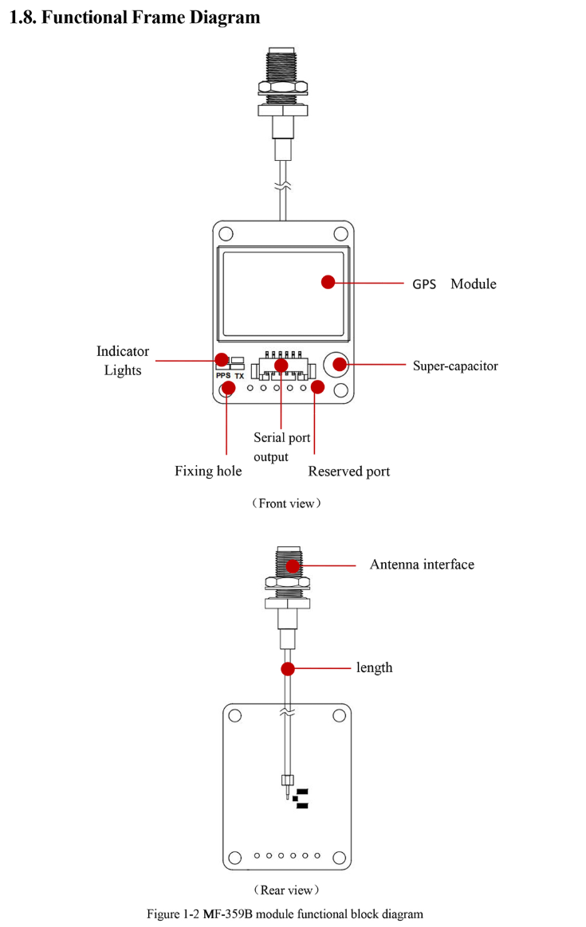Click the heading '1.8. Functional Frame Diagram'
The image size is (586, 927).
click(x=135, y=17)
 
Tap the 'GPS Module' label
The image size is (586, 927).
click(x=454, y=284)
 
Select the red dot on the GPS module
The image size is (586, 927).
click(x=328, y=282)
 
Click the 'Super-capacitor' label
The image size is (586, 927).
click(x=455, y=366)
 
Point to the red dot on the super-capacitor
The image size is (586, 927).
click(x=340, y=365)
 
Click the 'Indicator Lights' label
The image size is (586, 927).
click(x=123, y=361)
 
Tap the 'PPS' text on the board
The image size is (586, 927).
click(x=222, y=375)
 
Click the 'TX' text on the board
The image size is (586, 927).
click(x=239, y=375)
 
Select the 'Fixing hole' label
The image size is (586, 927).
click(x=208, y=471)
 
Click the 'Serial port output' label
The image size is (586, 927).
click(x=281, y=447)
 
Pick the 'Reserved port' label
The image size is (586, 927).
click(x=349, y=471)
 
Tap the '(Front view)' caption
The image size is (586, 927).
click(x=287, y=503)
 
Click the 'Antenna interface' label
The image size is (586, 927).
click(x=422, y=565)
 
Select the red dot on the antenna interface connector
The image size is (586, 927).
click(x=293, y=566)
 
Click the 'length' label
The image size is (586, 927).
click(x=375, y=667)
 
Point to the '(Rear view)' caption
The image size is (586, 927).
click(x=286, y=890)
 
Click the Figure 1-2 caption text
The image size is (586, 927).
click(x=285, y=913)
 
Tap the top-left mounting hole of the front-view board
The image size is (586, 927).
click(x=226, y=234)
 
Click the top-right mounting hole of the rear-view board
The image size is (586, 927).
click(x=339, y=714)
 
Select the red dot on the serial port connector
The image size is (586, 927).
click(x=281, y=366)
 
